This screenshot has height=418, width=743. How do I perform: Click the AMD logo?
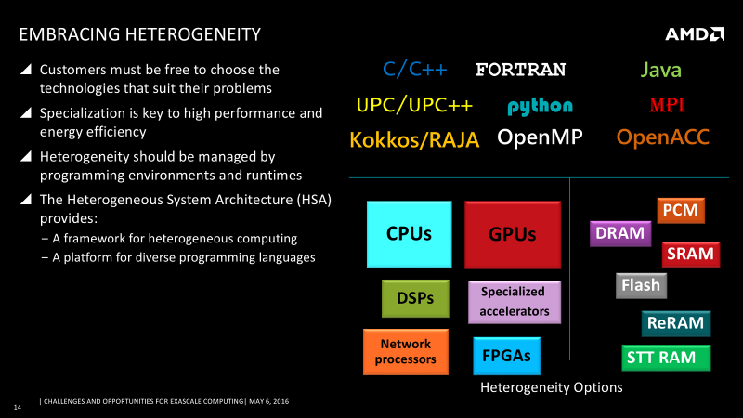[x=695, y=34]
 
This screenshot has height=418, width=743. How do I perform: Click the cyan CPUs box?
[x=409, y=234]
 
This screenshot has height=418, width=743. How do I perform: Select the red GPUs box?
[x=513, y=235]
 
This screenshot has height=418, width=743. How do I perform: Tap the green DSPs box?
[x=415, y=298]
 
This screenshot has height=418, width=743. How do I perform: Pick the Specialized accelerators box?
[x=515, y=302]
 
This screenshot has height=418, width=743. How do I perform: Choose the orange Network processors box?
[x=406, y=352]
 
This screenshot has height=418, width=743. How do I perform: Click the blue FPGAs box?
[x=506, y=356]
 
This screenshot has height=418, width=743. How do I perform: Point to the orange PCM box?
[x=681, y=210]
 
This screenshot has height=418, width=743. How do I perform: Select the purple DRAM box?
[x=620, y=233]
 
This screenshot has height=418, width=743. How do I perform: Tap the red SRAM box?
[x=690, y=254]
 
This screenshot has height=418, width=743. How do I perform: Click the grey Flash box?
[x=641, y=285]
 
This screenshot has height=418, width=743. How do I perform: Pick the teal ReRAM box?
[x=676, y=323]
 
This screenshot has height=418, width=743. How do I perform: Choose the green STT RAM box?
[x=666, y=358]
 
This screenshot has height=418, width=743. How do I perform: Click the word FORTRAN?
[x=520, y=70]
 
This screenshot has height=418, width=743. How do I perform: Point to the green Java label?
[x=660, y=71]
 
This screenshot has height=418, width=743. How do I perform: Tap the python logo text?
[x=540, y=107]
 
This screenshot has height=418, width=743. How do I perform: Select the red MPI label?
[x=667, y=105]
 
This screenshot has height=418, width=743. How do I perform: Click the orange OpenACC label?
[x=662, y=137]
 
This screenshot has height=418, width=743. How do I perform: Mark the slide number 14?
[x=18, y=407]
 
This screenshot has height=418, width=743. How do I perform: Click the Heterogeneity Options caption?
[x=551, y=387]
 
